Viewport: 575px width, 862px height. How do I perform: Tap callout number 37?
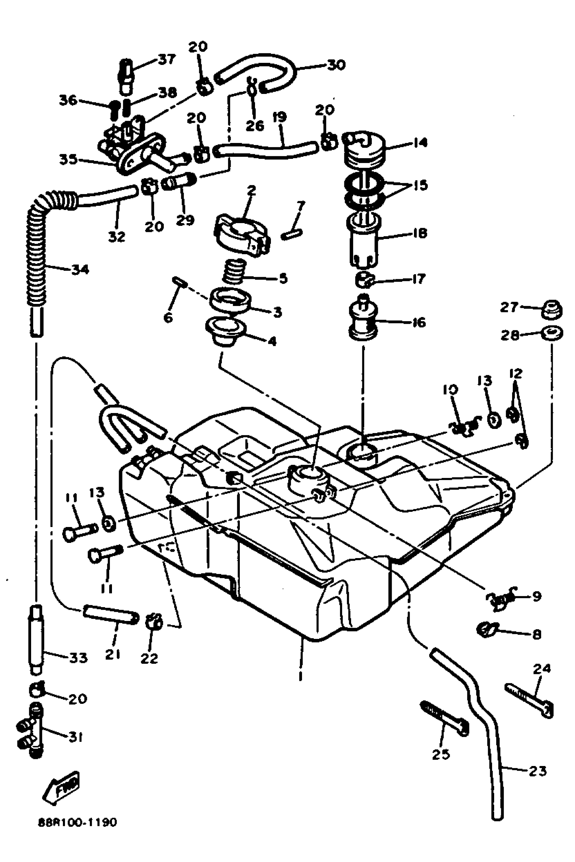[167, 59]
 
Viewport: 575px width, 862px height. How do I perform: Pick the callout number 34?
[80, 270]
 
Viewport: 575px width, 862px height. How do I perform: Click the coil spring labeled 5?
[235, 271]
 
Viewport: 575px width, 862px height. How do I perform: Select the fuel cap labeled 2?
[242, 235]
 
